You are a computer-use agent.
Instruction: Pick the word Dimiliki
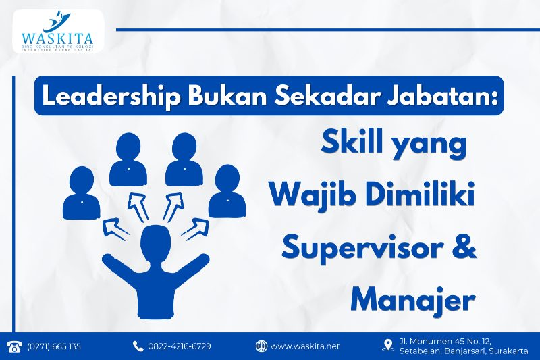click(418, 195)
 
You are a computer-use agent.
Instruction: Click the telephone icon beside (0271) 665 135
click(14, 346)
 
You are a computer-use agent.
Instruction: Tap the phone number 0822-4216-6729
click(180, 346)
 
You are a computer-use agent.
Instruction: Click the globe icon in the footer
click(262, 346)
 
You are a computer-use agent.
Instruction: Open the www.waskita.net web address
click(305, 346)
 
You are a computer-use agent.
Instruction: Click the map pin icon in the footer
click(387, 345)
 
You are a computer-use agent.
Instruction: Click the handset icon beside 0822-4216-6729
click(138, 346)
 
